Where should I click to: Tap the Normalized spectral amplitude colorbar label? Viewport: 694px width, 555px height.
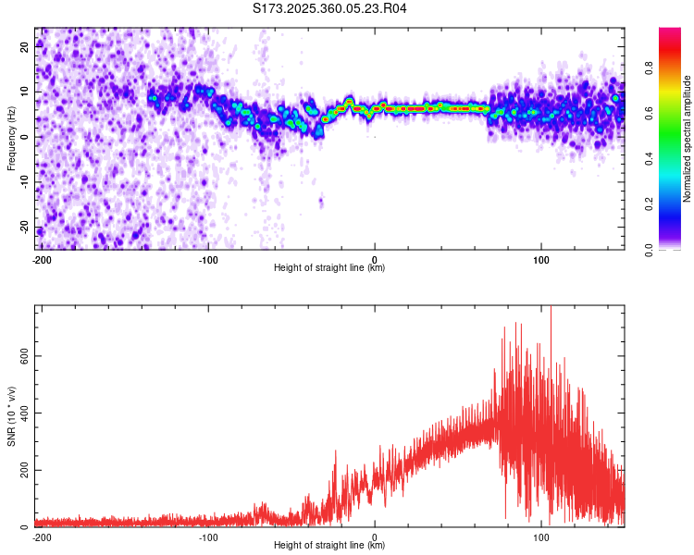tap(687, 140)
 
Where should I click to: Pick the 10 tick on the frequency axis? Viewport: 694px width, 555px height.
tap(25, 92)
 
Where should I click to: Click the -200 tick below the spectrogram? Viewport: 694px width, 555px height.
tap(42, 260)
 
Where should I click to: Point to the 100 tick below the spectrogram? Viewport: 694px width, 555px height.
tap(541, 260)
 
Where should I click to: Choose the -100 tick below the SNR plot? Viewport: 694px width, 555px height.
tap(208, 537)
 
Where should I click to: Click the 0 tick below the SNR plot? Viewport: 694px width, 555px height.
tap(375, 537)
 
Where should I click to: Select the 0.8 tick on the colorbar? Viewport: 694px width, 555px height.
tap(649, 68)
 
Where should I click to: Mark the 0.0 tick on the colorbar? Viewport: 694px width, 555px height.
tap(649, 249)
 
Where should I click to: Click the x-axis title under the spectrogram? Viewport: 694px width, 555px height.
tap(329, 268)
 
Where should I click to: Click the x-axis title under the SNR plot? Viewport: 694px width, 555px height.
tap(329, 546)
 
